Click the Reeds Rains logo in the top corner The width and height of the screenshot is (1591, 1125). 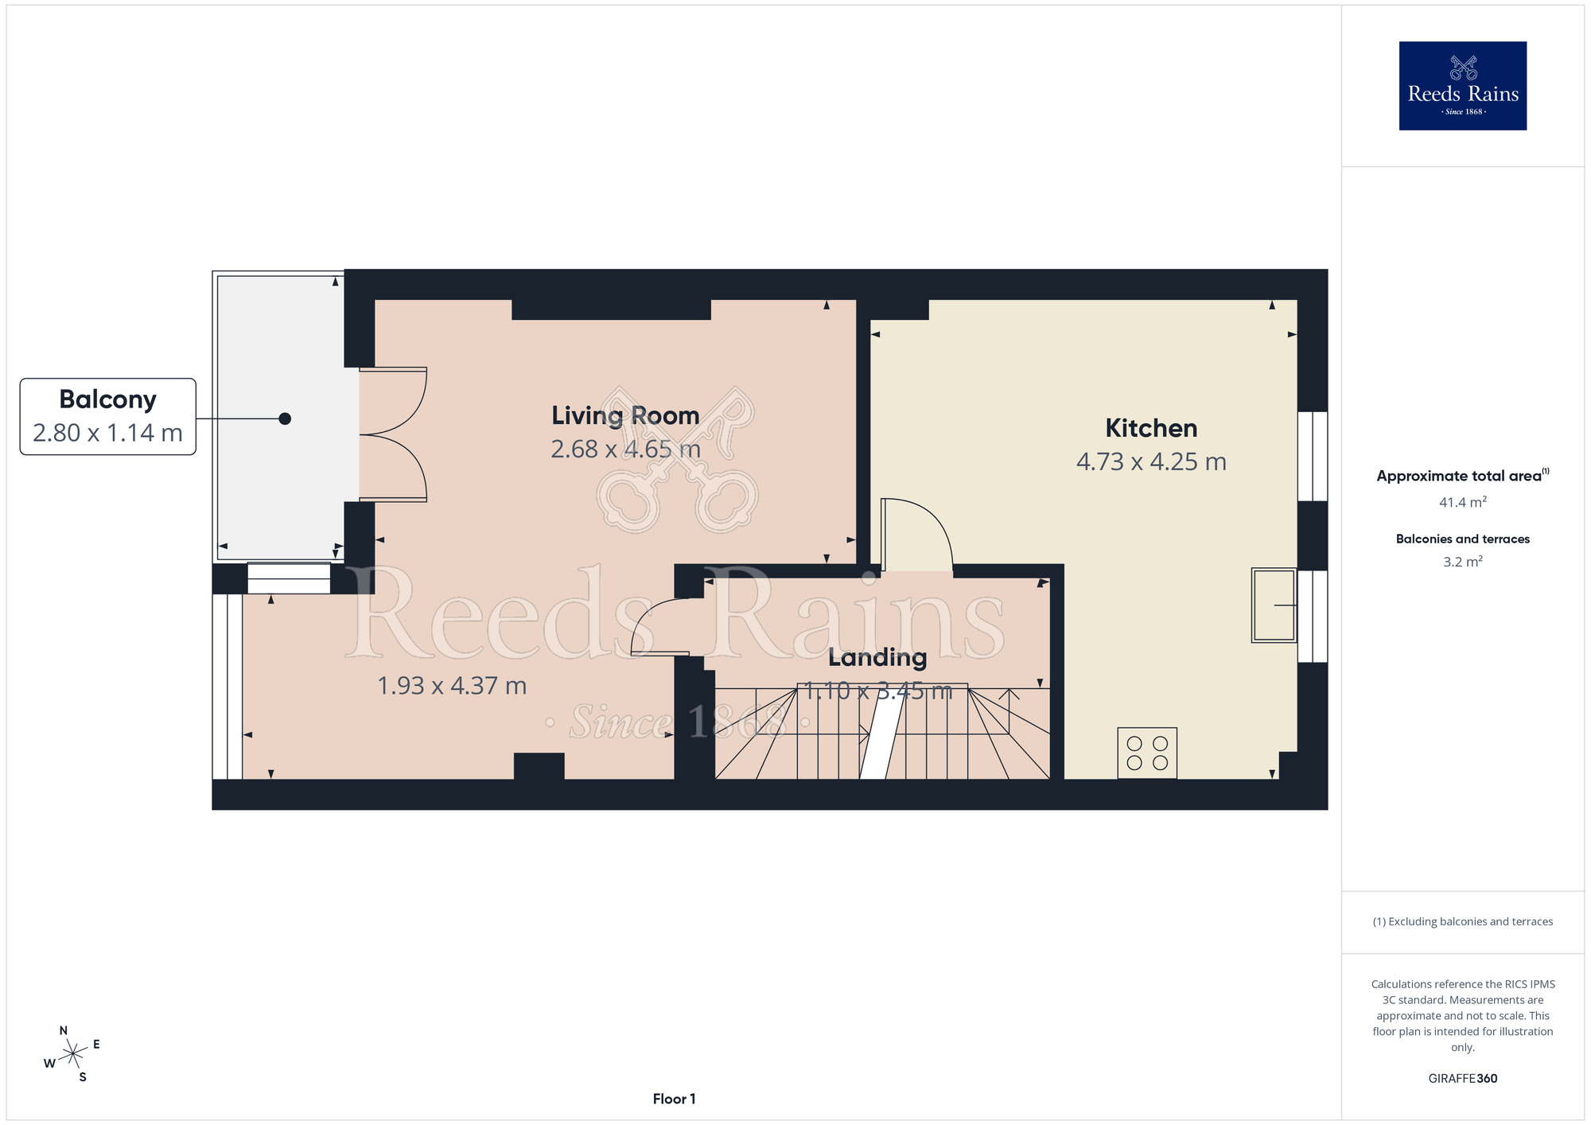(x=1462, y=86)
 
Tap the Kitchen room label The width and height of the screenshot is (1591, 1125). (x=1151, y=428)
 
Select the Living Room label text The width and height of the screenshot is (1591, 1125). (x=625, y=415)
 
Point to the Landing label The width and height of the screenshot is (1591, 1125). (x=877, y=657)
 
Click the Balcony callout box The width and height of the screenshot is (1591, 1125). (x=108, y=416)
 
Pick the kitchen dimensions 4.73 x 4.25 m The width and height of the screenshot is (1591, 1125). (x=1151, y=461)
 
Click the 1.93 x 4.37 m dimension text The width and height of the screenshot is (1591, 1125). (x=452, y=686)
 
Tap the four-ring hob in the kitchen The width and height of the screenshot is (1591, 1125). (x=1147, y=753)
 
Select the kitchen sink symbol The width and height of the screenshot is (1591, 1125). (x=1274, y=605)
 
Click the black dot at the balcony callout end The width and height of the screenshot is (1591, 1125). (x=285, y=418)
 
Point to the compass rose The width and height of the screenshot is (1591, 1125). (x=72, y=1054)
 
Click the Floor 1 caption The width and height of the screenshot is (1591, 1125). (x=674, y=1099)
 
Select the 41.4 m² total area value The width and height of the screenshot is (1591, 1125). (x=1463, y=502)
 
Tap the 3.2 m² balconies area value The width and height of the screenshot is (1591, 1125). (x=1463, y=562)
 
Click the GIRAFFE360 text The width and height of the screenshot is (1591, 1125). (x=1463, y=1079)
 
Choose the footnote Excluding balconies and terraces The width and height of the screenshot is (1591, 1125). (x=1463, y=921)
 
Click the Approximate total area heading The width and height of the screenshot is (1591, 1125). (x=1463, y=476)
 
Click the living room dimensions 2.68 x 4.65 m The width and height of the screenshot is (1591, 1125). (x=625, y=450)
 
